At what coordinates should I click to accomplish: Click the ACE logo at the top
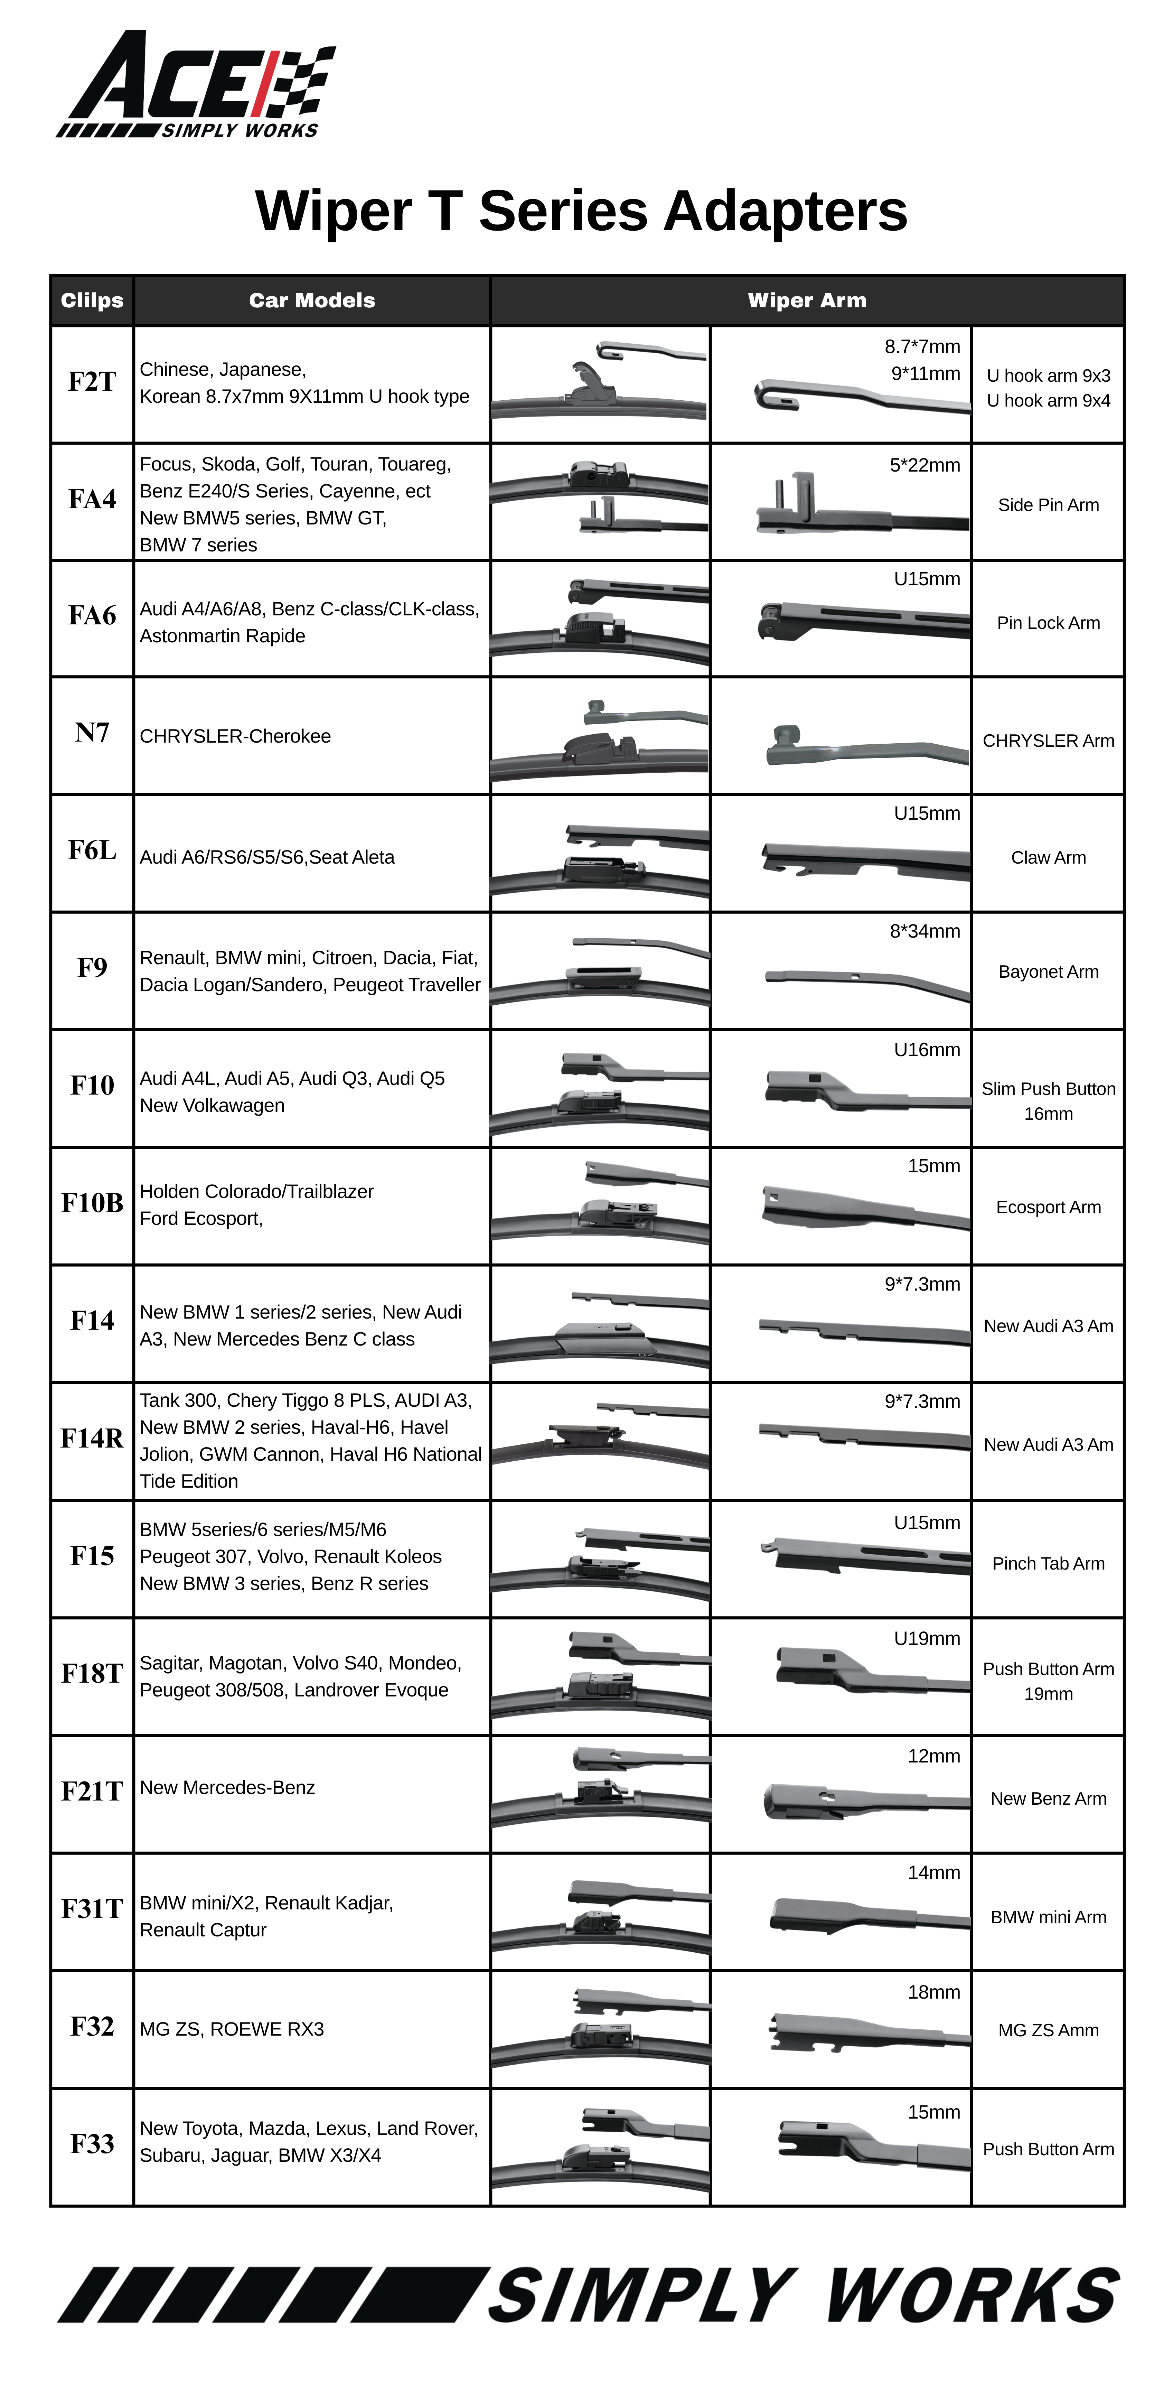195,84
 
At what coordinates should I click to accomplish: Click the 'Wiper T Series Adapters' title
581,211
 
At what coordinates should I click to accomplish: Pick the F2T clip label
92,381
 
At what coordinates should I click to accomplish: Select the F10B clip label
92,1203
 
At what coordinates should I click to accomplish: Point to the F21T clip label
92,1790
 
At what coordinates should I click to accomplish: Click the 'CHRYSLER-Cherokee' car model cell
235,736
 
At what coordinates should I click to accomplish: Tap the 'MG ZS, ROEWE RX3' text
232,2029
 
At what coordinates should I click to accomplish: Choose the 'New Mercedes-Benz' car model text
227,1788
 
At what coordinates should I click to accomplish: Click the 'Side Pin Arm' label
1048,505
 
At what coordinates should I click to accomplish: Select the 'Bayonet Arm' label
1048,972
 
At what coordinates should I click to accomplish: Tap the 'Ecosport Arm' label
1048,1207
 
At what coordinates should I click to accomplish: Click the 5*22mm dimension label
924,465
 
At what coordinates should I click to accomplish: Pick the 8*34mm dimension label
924,931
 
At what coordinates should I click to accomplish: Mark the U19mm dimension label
926,1638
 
